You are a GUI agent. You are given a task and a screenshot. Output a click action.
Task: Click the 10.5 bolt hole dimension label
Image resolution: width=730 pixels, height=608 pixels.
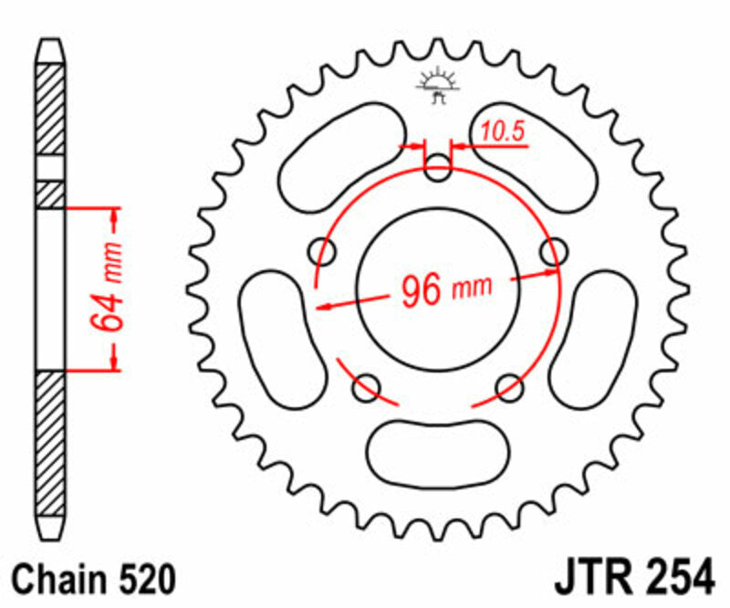(503, 132)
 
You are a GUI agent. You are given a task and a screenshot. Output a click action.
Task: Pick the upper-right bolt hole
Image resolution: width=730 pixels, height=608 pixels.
(552, 249)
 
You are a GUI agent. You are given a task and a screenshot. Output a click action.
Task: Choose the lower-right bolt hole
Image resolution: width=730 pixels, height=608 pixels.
(508, 387)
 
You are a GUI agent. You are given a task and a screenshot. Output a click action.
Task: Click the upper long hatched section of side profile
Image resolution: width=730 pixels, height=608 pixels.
(50, 110)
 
